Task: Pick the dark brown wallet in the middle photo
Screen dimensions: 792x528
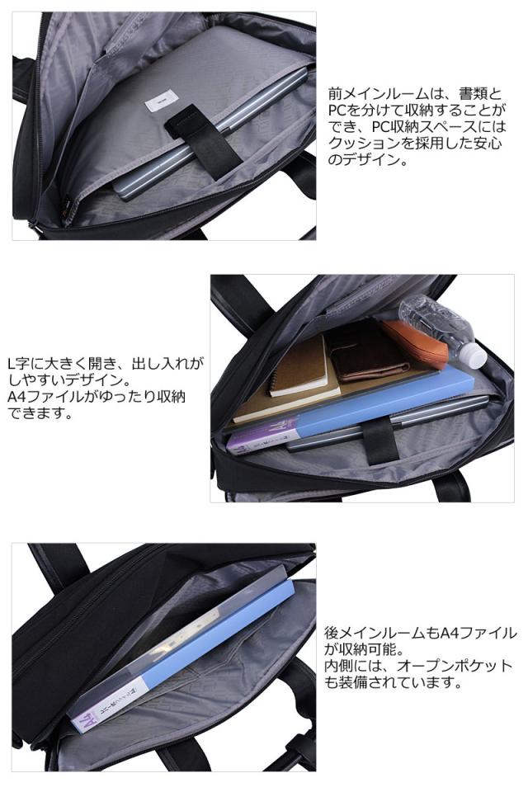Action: click(369, 353)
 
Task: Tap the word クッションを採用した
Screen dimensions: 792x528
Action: click(392, 144)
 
